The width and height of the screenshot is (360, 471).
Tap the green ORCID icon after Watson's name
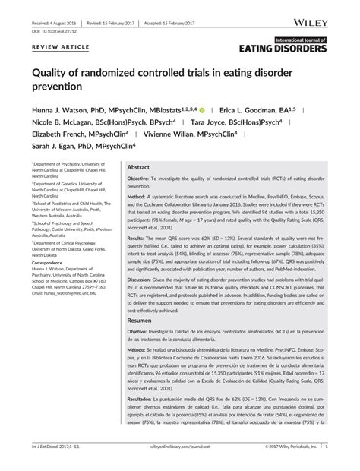[223, 110]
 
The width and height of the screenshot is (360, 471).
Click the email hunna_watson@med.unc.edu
[72, 293]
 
